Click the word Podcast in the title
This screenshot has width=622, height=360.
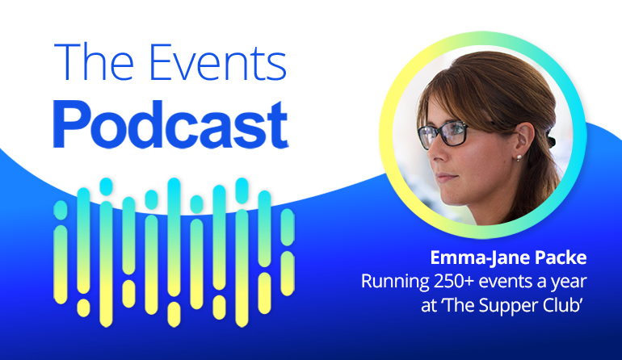coord(170,125)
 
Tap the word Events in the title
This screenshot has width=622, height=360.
coord(218,63)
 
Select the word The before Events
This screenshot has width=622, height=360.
coord(94,62)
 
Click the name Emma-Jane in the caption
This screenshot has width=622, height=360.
coord(480,258)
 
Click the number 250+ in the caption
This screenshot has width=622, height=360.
coord(453,282)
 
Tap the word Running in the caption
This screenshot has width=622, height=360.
coord(395,283)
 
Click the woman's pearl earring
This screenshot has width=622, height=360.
coord(519,158)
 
